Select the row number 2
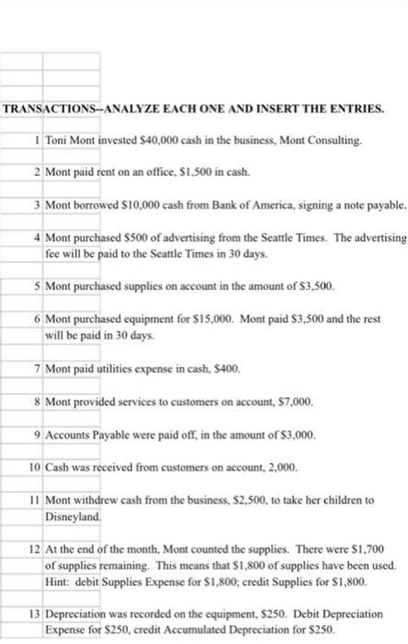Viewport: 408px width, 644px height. pyautogui.click(x=35, y=172)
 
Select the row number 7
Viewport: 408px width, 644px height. pyautogui.click(x=35, y=368)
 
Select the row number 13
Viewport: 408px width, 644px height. pyautogui.click(x=33, y=615)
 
